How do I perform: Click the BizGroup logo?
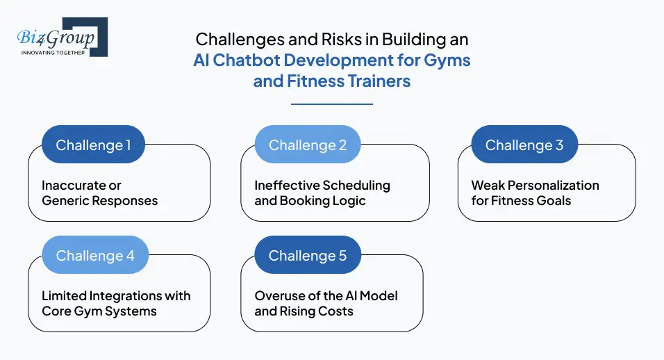62,37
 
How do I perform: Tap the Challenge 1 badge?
93,145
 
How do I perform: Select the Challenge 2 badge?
307,145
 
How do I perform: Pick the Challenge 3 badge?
524,145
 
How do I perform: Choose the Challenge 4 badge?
95,256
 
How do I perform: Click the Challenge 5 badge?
307,256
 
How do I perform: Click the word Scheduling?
358,186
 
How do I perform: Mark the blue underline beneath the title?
332,104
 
